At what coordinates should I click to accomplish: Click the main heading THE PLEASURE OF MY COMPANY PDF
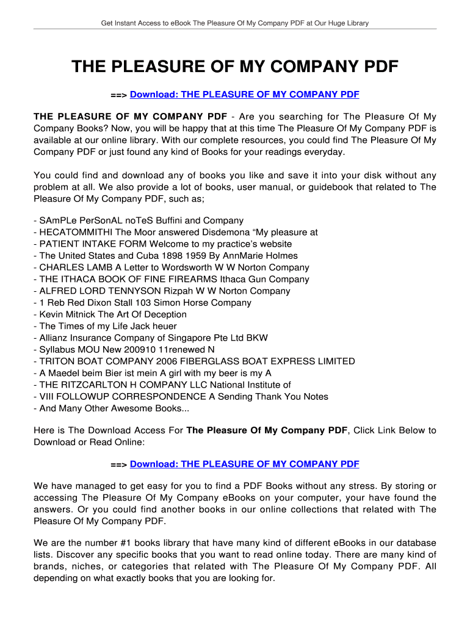235,66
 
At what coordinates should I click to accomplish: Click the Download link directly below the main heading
244,95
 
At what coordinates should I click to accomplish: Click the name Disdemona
226,233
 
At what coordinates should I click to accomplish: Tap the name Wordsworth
203,267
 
